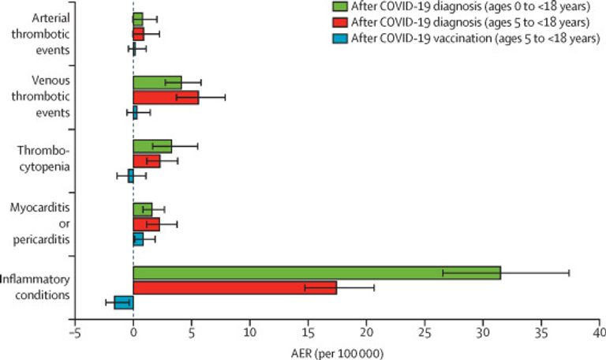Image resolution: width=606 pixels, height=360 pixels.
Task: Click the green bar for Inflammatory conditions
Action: [x=316, y=272]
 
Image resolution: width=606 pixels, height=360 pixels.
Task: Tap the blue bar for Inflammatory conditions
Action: [x=124, y=302]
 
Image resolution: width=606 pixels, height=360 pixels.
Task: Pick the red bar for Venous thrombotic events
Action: [x=165, y=97]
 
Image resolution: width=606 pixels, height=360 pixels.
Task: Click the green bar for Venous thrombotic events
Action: [x=157, y=82]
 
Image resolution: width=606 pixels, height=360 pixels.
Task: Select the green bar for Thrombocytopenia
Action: [x=152, y=145]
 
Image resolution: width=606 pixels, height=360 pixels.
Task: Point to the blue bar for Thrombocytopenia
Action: [x=130, y=175]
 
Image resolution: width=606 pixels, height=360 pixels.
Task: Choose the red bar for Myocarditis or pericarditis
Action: [x=146, y=224]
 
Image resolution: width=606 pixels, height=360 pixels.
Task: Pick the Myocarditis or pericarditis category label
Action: [x=40, y=223]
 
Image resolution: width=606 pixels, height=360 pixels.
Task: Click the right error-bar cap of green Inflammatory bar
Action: [x=569, y=272]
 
